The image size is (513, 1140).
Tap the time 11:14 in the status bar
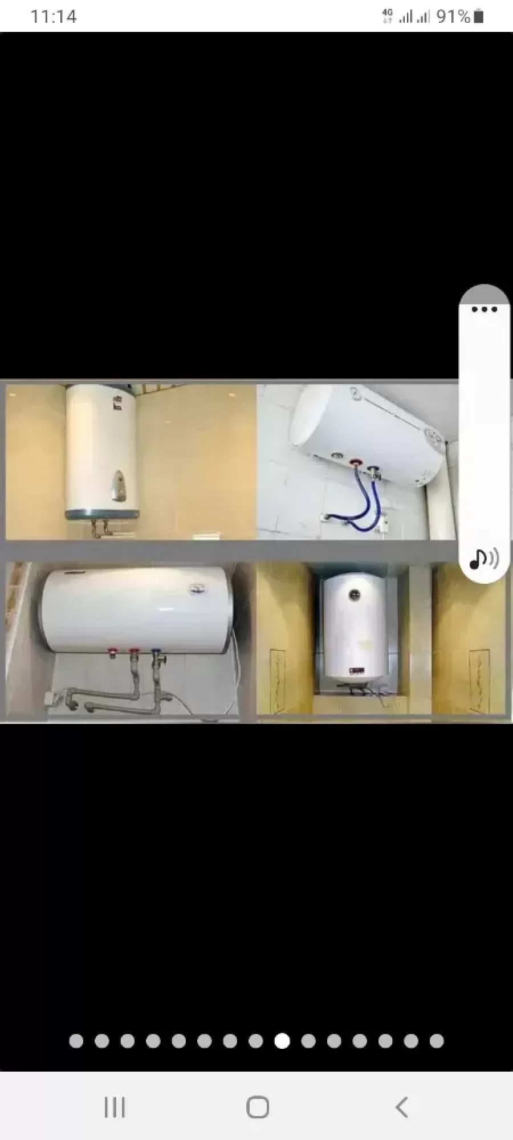point(53,17)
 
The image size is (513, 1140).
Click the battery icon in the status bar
point(479,16)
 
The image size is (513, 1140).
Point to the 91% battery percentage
point(454,17)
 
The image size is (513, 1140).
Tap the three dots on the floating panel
point(484,310)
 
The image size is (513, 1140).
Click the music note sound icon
point(484,559)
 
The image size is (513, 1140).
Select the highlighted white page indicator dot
point(282,1041)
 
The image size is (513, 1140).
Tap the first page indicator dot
point(76,1041)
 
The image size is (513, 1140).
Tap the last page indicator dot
point(437,1041)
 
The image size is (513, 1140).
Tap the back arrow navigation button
point(402,1108)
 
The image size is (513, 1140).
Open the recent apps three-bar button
point(115,1108)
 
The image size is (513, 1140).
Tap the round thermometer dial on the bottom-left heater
point(197,588)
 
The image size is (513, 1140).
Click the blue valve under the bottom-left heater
point(156,651)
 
